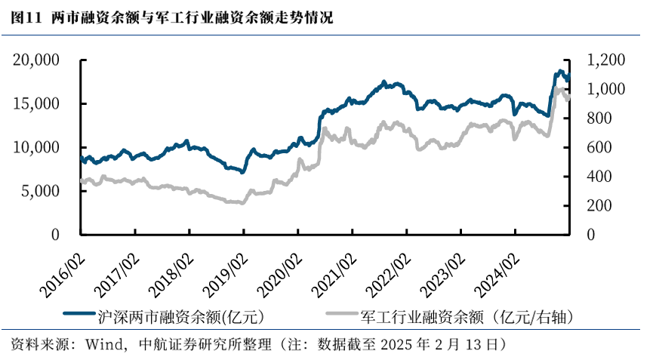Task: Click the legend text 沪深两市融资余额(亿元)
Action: point(181,316)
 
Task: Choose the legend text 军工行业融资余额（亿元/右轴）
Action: point(468,316)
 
